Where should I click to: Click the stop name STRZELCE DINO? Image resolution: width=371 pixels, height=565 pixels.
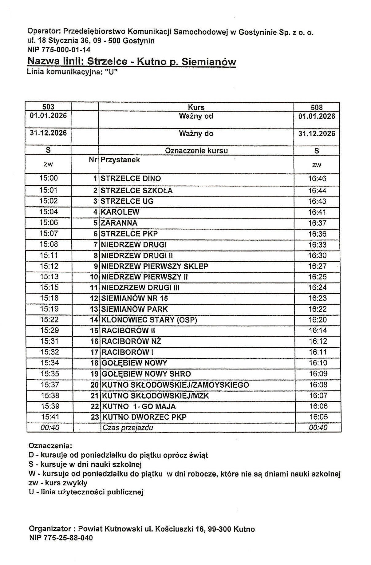[x=131, y=179]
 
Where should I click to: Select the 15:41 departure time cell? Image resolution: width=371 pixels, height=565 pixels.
[x=50, y=417]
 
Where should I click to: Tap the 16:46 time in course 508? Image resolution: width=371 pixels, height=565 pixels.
[x=317, y=179]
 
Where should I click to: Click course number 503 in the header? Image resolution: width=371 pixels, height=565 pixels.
[x=48, y=107]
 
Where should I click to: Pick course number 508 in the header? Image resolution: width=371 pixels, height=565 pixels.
[x=317, y=107]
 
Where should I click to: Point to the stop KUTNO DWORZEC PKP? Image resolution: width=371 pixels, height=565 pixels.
[x=144, y=417]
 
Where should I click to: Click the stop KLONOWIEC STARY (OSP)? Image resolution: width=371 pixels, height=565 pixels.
[x=149, y=320]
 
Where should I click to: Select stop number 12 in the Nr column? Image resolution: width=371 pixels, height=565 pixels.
[x=94, y=298]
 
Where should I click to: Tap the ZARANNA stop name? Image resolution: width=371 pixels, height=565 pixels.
[x=119, y=223]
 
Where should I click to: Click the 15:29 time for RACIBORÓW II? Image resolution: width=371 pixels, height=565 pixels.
[x=49, y=330]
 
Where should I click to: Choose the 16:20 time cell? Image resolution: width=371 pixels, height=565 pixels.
[x=318, y=320]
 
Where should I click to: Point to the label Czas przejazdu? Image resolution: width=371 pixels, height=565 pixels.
[x=128, y=428]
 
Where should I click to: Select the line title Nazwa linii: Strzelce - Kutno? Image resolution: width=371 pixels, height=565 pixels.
[x=132, y=61]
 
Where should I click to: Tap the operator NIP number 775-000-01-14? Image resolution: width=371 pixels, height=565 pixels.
[x=59, y=49]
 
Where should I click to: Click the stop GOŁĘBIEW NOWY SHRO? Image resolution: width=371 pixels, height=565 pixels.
[x=146, y=374]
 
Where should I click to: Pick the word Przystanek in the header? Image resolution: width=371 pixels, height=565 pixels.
[x=120, y=160]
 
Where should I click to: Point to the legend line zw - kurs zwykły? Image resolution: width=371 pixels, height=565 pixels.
[x=58, y=483]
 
